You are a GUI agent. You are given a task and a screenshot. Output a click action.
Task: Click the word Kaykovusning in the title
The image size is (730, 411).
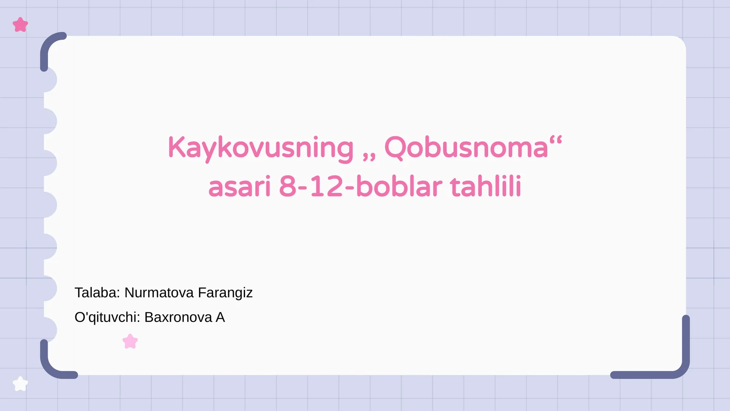coord(261,148)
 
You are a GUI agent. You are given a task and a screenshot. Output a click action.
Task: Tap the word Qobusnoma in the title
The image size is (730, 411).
coord(466,148)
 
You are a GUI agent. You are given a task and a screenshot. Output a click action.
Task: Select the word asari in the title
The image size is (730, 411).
coord(240,187)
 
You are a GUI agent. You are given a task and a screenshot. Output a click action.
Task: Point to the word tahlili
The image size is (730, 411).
coord(485,187)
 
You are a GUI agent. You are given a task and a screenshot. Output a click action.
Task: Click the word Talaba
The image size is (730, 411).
coord(97,293)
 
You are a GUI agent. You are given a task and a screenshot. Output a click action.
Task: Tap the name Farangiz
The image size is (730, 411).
coord(225,293)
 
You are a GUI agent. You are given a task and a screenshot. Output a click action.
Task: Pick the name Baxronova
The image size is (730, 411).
coord(178,317)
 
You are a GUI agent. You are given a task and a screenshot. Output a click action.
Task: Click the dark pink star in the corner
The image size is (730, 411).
coord(20,25)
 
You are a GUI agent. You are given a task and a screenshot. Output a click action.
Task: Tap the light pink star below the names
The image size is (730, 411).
coord(130,341)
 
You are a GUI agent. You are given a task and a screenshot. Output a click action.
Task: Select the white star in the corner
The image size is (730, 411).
coord(20,384)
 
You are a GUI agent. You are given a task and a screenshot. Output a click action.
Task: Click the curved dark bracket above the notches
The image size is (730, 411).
coord(48,46)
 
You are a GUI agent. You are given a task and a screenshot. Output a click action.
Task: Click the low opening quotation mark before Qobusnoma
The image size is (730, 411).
coord(369,157)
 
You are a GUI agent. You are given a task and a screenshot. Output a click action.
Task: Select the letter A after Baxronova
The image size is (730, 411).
coord(220,317)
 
